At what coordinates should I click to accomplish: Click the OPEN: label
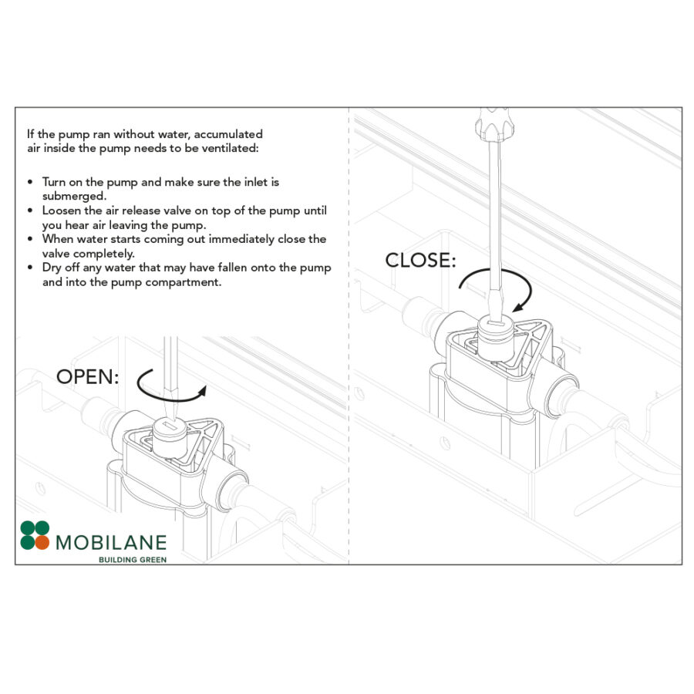tap(88, 377)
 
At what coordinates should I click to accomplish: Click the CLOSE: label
tap(419, 260)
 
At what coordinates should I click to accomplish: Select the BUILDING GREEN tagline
tap(133, 559)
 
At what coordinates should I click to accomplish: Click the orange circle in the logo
tap(42, 542)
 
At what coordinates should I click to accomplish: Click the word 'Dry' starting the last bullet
tap(52, 268)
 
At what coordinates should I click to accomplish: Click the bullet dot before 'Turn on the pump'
tap(30, 182)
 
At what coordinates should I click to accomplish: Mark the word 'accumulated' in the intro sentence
tap(229, 133)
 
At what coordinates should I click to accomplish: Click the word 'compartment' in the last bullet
tap(187, 282)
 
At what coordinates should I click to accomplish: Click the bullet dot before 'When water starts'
tap(30, 239)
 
